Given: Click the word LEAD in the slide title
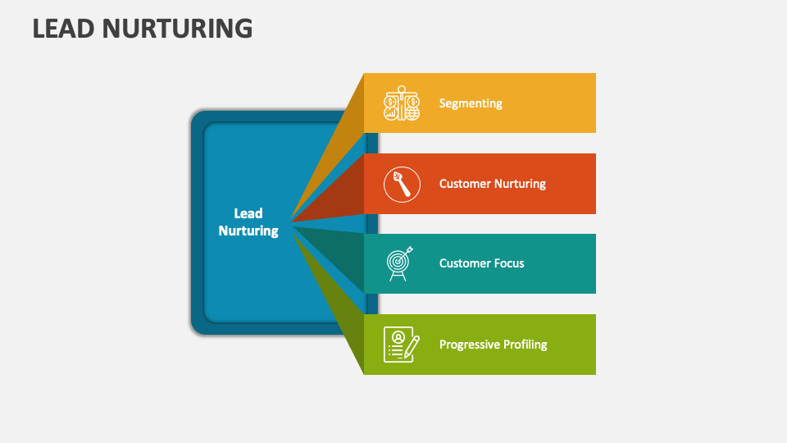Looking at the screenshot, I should (x=66, y=29).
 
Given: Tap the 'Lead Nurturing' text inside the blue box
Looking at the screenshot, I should (x=248, y=222).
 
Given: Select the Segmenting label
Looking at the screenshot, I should (x=471, y=103).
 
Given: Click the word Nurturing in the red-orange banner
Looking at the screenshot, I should (x=517, y=184).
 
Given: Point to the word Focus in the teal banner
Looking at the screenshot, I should (x=508, y=263).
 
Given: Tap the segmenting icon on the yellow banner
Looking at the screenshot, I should (x=402, y=103).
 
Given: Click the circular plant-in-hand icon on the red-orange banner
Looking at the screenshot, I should (x=402, y=184).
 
